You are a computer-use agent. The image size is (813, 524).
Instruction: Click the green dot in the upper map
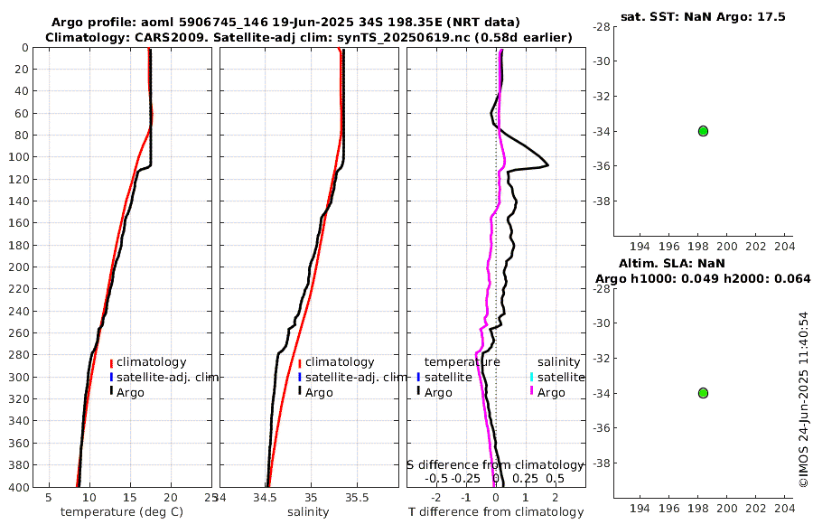click(x=703, y=131)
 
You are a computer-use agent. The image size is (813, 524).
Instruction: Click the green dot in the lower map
click(x=703, y=393)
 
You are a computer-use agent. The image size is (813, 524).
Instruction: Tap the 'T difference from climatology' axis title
click(x=496, y=512)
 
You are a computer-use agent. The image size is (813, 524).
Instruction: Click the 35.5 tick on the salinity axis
click(x=357, y=497)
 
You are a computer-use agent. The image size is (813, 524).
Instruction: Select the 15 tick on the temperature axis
click(x=130, y=497)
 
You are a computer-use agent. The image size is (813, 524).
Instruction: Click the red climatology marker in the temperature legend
click(x=111, y=363)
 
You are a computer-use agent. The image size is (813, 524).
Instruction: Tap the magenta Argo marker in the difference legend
click(x=532, y=392)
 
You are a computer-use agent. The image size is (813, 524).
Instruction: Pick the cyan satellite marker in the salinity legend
click(x=532, y=377)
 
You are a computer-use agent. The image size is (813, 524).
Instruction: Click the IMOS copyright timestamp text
click(x=803, y=400)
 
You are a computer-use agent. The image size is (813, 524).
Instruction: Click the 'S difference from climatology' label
click(x=496, y=464)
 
